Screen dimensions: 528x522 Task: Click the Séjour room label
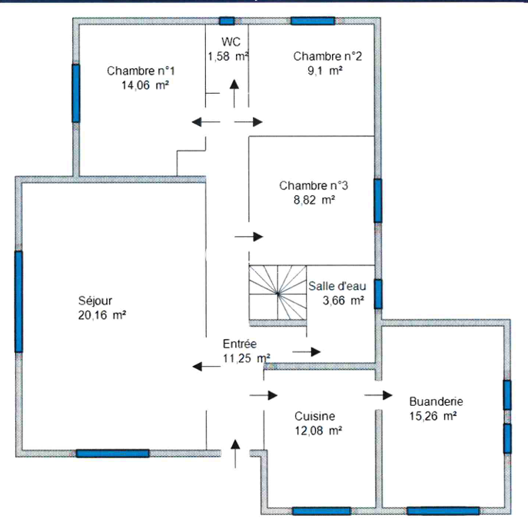click(95, 301)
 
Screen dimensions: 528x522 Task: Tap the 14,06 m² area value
click(144, 85)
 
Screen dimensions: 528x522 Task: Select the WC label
click(231, 42)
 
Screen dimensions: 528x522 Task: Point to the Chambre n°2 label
click(327, 56)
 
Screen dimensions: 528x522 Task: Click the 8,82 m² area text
click(314, 200)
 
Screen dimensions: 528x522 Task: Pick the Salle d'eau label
click(337, 286)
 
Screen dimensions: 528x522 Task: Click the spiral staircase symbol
click(277, 293)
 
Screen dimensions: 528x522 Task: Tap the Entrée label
click(240, 344)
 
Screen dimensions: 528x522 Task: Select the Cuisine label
click(314, 416)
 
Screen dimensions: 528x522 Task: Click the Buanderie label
click(436, 401)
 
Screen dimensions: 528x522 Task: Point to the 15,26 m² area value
click(433, 416)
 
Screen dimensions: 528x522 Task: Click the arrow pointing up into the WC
click(234, 94)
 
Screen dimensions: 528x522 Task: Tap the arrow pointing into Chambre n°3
click(248, 237)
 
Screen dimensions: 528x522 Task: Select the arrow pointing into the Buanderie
click(378, 395)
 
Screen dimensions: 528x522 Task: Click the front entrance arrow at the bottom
click(235, 454)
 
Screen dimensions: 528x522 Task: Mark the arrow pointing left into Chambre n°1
click(206, 122)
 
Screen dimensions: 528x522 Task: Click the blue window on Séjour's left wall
click(19, 301)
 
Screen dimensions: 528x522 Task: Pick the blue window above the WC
click(227, 21)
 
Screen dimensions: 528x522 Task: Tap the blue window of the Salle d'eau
click(378, 294)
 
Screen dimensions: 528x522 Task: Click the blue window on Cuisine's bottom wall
click(321, 511)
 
